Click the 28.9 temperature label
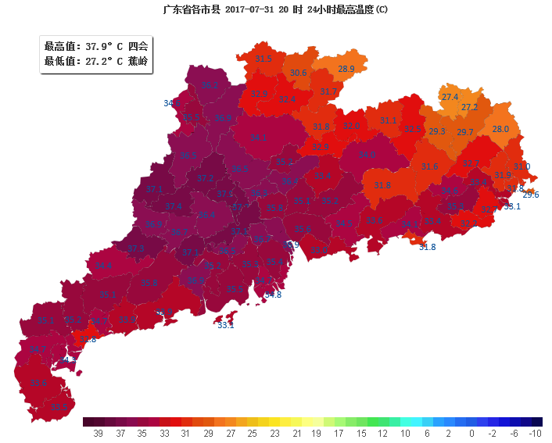(346, 69)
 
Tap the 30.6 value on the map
(298, 73)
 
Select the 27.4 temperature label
(450, 97)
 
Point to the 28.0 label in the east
(500, 129)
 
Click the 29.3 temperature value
(437, 131)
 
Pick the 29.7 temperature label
(465, 132)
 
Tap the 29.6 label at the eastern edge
(530, 195)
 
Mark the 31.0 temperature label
(522, 166)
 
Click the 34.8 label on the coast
(273, 295)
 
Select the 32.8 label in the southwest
(88, 339)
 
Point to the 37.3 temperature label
(136, 248)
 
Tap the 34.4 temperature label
(103, 266)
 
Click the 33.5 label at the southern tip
(59, 407)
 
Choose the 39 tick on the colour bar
(99, 433)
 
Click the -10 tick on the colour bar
(535, 433)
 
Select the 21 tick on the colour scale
(295, 433)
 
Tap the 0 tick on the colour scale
(471, 433)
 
